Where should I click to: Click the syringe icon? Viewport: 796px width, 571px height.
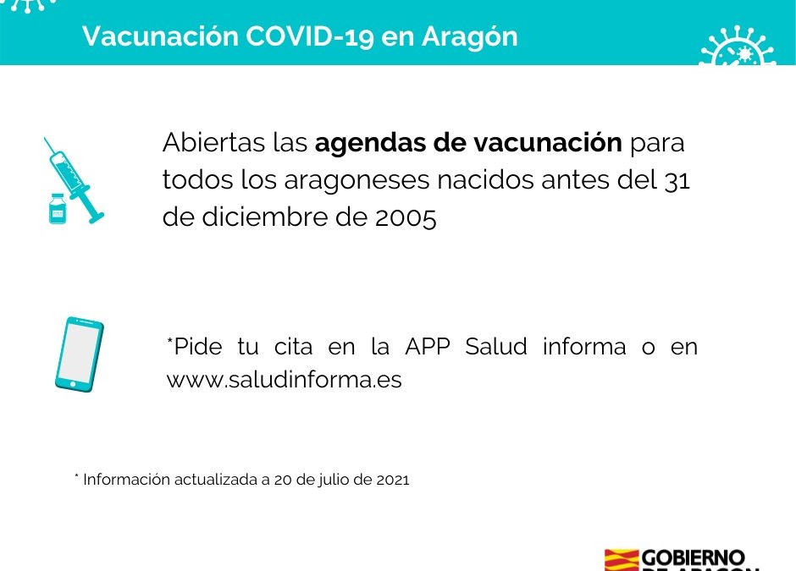tap(74, 178)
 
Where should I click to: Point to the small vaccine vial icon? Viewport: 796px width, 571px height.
tap(57, 208)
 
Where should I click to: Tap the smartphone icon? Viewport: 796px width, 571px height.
tap(79, 354)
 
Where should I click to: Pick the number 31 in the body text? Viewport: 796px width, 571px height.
tap(677, 181)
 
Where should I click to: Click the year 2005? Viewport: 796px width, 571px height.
tap(406, 218)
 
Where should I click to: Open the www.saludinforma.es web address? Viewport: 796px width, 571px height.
tap(284, 381)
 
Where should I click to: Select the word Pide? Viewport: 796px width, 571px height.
tap(197, 347)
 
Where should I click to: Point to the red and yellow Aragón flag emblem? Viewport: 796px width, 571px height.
tap(621, 561)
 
